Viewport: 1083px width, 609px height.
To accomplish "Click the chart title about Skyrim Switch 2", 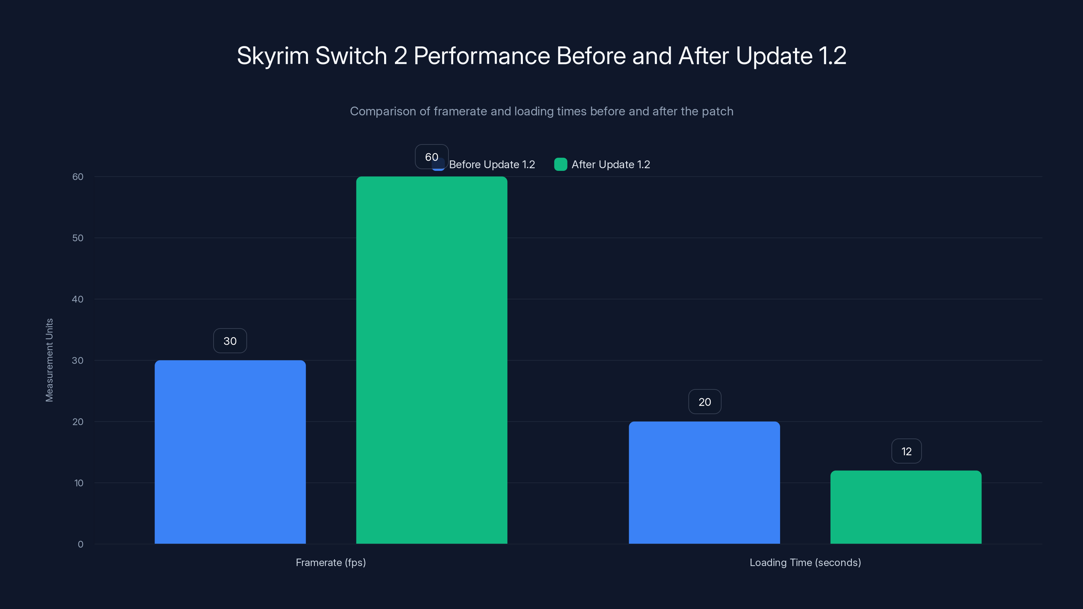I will (541, 56).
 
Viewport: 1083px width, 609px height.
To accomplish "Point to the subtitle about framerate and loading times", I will (541, 111).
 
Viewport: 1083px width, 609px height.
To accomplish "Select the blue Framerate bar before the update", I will (230, 452).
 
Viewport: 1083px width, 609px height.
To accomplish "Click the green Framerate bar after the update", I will (432, 360).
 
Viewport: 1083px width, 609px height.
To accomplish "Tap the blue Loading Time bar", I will (704, 482).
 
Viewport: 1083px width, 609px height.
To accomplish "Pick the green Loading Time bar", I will (906, 507).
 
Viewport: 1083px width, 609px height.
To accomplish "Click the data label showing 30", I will (230, 341).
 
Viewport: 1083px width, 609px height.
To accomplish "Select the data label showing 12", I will (906, 451).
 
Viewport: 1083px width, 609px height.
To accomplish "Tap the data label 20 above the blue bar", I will (705, 402).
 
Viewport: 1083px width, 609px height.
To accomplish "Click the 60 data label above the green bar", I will (432, 157).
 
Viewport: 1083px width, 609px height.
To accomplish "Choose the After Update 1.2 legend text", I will (611, 164).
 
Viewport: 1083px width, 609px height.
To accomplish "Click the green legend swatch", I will (560, 164).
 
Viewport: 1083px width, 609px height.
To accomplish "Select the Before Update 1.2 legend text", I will (492, 164).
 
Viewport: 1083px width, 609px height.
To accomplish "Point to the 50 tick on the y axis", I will (78, 238).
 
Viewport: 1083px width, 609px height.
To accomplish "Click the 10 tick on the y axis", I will (79, 483).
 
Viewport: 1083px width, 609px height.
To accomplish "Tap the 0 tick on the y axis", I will (80, 544).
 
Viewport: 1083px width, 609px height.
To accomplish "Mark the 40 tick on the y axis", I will (78, 299).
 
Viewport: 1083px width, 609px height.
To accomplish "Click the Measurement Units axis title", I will (49, 360).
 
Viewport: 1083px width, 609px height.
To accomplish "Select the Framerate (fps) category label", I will (331, 562).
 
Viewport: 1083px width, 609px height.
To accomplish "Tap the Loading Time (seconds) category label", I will (805, 562).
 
